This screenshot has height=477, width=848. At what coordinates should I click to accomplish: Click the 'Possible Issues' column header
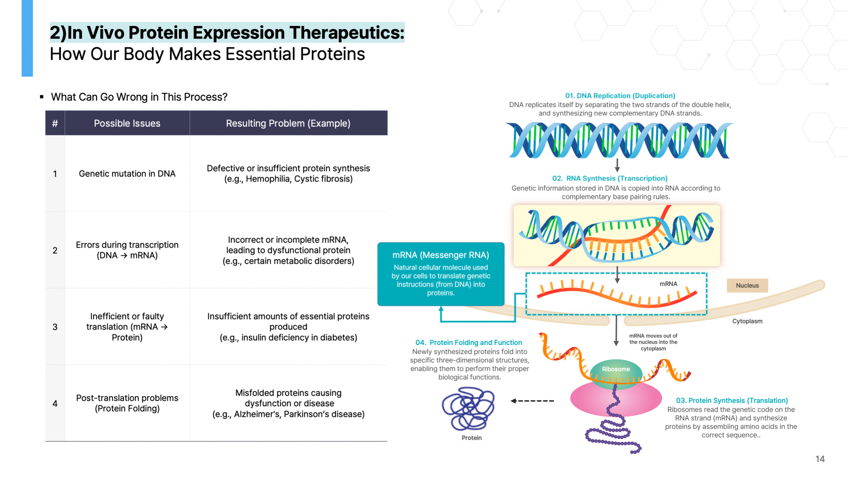coord(127,123)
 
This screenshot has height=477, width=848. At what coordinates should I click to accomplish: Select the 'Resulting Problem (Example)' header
coord(288,123)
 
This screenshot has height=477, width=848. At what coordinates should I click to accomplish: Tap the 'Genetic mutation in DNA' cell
coord(127,174)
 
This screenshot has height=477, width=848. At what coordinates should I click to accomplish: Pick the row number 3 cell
coord(55,327)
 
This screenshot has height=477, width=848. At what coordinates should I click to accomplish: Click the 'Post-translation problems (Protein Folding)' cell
coord(127,403)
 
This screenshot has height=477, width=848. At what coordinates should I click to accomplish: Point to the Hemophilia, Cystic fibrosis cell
coord(288,174)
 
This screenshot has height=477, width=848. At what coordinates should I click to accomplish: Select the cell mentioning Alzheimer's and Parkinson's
coord(288,403)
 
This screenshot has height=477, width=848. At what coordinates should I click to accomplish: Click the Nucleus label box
coord(747,285)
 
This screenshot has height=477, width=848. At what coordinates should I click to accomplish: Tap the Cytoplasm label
coord(747,321)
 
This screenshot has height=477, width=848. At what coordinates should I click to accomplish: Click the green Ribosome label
coord(616,369)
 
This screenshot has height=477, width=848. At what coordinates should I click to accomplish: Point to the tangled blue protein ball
coord(468,409)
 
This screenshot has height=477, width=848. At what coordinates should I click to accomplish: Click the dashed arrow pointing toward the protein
coord(532,401)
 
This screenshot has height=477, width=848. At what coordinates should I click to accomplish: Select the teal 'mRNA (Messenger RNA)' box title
coord(441,255)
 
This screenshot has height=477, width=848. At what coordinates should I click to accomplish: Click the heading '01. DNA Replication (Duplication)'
coord(620,96)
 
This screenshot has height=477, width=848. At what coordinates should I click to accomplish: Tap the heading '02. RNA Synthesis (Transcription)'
coord(610,178)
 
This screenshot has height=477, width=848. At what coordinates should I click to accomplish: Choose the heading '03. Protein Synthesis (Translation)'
coord(732,401)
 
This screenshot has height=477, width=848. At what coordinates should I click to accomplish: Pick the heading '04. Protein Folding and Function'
coord(469,343)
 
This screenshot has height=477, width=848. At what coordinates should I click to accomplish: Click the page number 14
coord(820,459)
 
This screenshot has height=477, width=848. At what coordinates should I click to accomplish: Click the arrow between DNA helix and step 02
coord(617,165)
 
